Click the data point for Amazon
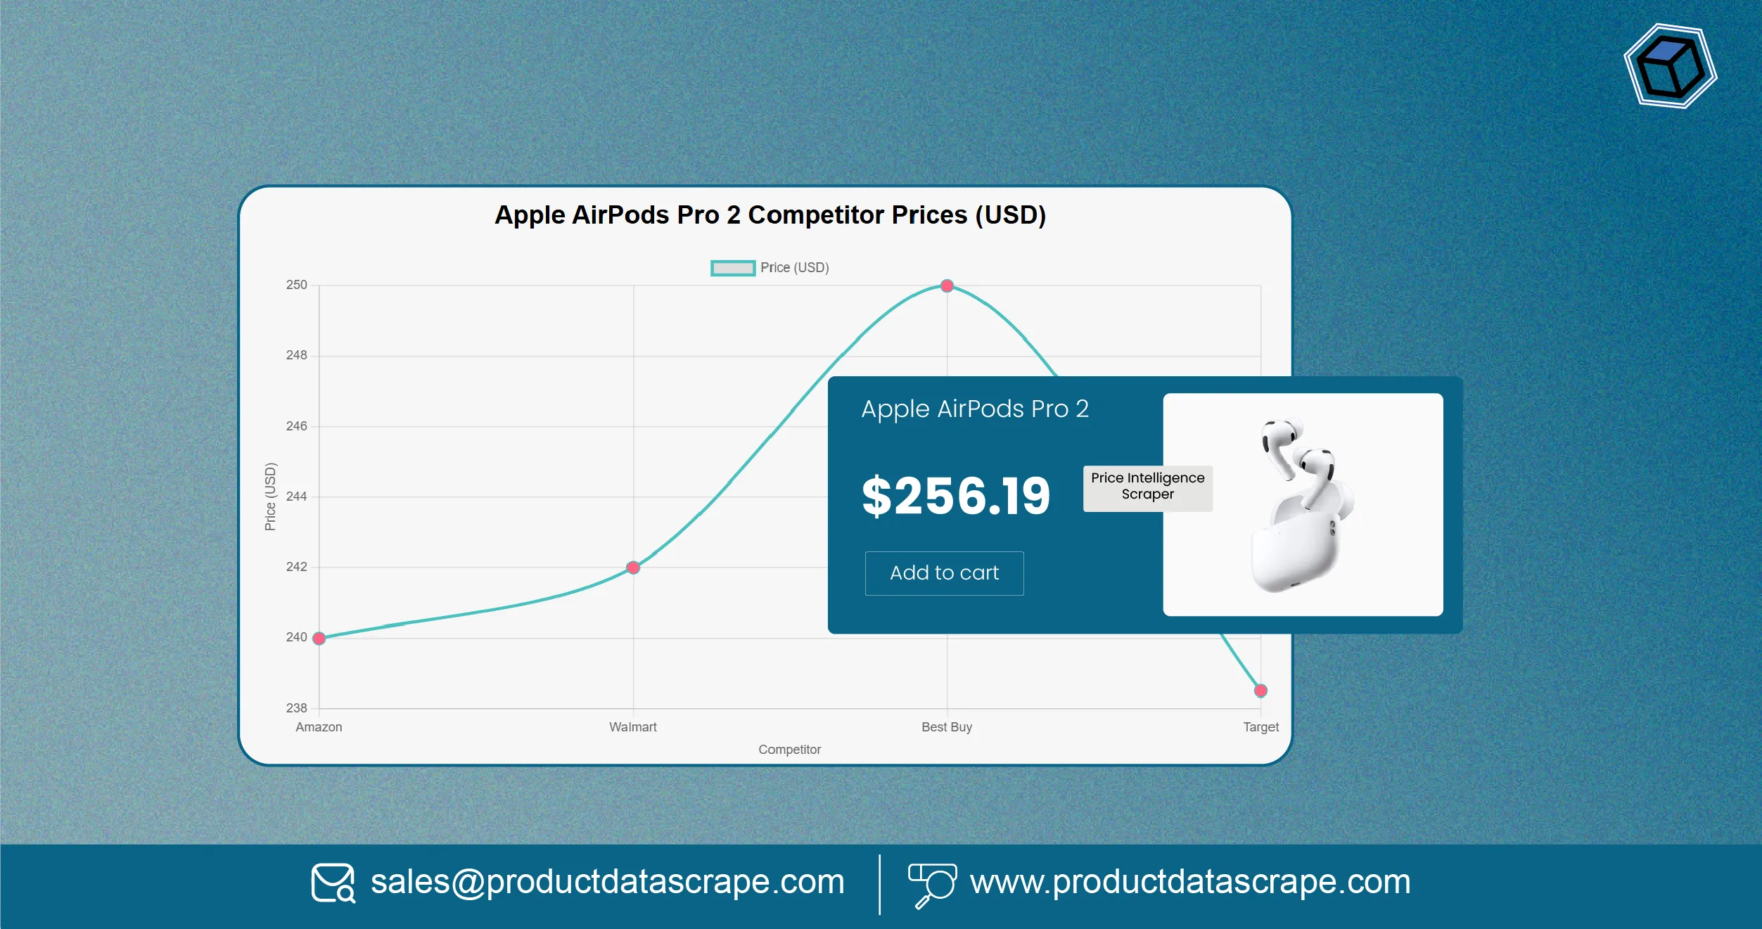319,638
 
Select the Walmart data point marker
633,568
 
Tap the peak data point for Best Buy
947,286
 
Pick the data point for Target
1260,691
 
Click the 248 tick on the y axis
296,355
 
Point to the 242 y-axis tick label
296,567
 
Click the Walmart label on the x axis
632,727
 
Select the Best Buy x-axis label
946,727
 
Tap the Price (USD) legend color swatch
732,268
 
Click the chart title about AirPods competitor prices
770,215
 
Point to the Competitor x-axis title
789,750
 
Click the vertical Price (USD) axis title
270,496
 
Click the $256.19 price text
956,496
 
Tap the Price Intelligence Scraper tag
1147,487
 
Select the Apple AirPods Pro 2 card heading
975,409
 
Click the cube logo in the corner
1670,67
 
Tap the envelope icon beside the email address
333,883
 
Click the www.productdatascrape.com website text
1190,882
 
